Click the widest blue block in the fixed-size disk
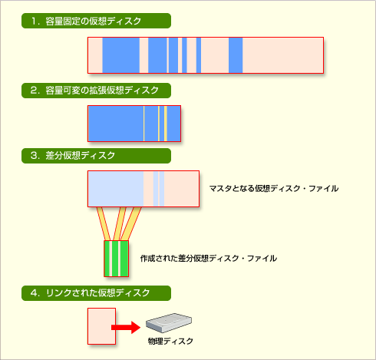pyautogui.click(x=121, y=55)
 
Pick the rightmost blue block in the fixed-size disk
pyautogui.click(x=236, y=55)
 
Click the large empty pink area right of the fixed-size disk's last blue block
pyautogui.click(x=283, y=55)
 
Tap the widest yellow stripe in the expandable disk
pyautogui.click(x=166, y=124)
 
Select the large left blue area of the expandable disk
pyautogui.click(x=116, y=124)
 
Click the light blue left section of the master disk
pyautogui.click(x=116, y=189)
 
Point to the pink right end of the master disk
pyautogui.click(x=181, y=189)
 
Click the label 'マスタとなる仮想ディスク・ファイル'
pyautogui.click(x=274, y=189)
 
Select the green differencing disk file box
pyautogui.click(x=117, y=259)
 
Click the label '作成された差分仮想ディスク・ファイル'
pyautogui.click(x=209, y=259)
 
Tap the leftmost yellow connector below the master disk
pyautogui.click(x=104, y=223)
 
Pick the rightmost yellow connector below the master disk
pyautogui.click(x=130, y=223)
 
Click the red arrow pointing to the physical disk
pyautogui.click(x=126, y=328)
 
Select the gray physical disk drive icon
pyautogui.click(x=169, y=323)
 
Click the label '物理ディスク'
pyautogui.click(x=170, y=341)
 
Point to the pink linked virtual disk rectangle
pyautogui.click(x=102, y=326)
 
